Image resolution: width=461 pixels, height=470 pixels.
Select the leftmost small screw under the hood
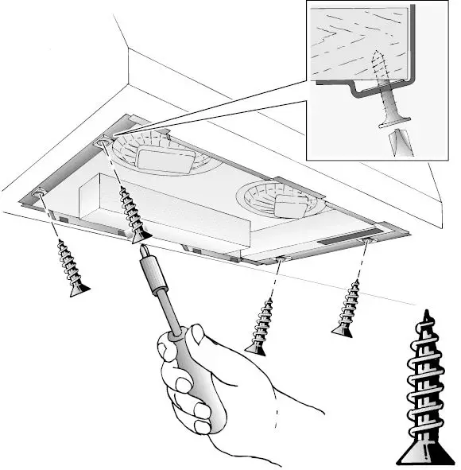pyautogui.click(x=72, y=267)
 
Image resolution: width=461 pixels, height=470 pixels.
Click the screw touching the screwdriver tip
pyautogui.click(x=131, y=213)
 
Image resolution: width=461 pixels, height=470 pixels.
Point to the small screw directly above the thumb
pyautogui.click(x=260, y=327)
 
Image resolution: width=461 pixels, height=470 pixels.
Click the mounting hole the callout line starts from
pyautogui.click(x=103, y=141)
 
